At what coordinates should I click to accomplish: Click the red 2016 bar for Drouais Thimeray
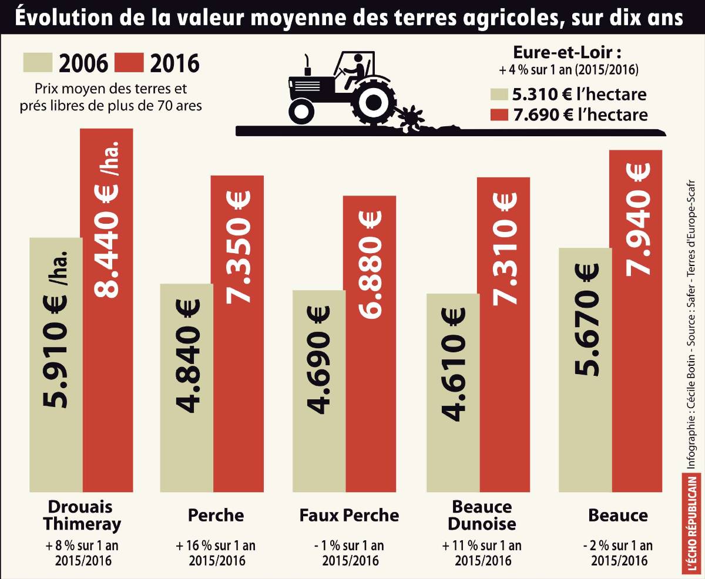click(107, 311)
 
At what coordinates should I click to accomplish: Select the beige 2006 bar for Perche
click(187, 388)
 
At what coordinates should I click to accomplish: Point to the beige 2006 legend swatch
click(37, 63)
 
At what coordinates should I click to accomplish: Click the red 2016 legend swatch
click(129, 63)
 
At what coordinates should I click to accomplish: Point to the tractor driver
click(354, 68)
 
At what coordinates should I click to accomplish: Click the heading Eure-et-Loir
click(568, 51)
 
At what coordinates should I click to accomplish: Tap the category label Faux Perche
click(349, 516)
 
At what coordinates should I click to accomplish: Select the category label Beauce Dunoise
click(482, 515)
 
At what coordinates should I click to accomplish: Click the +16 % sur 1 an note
click(216, 546)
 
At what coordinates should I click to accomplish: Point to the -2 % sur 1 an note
click(617, 546)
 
